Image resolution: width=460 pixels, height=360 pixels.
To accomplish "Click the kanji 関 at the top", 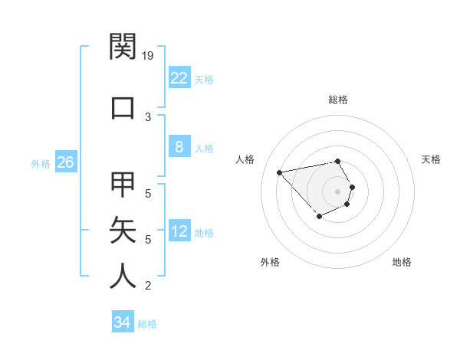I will coord(123,47).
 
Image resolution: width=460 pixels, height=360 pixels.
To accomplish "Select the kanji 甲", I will coord(123,185).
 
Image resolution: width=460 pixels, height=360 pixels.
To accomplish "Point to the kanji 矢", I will coord(123,231).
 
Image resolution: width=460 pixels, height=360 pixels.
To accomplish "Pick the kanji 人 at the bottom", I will coord(123,277).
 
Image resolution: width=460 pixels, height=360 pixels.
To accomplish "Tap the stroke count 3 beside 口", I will coord(148,116).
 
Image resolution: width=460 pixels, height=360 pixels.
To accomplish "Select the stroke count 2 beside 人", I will coord(148,286).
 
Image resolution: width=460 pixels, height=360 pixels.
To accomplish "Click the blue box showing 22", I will coord(179,78).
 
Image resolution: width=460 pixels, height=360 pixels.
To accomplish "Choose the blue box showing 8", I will coord(179,147).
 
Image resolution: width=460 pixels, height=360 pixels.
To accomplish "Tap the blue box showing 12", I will coord(179,231).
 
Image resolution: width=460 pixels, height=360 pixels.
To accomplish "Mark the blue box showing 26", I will coord(65,162).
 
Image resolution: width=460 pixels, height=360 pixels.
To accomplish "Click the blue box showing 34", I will coord(122,322).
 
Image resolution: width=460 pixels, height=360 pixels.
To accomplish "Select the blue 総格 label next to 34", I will coord(147,324).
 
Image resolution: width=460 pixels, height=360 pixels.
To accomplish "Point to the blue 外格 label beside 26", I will coord(40,164).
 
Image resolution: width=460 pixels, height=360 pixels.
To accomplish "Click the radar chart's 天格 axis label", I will coord(431,159).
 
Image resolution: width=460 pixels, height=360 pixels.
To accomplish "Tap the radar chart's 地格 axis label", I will coord(402,262).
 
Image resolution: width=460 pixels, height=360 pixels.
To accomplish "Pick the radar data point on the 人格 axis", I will coord(280,172).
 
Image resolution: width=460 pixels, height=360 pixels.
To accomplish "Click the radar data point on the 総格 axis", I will coord(338,161).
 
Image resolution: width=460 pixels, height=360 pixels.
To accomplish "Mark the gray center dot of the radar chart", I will coord(338,191).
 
